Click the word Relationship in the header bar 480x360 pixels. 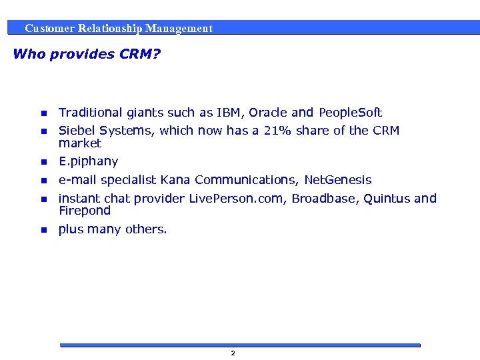(110, 29)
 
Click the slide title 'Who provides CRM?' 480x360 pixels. (87, 54)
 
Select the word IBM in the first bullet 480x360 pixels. (229, 113)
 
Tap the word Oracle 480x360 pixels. (268, 113)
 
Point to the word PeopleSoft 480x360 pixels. (351, 113)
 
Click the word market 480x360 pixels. (80, 143)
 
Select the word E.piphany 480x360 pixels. (88, 161)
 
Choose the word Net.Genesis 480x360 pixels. (338, 180)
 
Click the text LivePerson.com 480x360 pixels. (237, 199)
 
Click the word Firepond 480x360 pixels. (84, 211)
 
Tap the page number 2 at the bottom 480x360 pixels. (233, 353)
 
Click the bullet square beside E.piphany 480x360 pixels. (43, 162)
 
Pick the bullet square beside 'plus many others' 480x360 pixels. (43, 230)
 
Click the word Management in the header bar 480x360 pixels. (179, 29)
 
